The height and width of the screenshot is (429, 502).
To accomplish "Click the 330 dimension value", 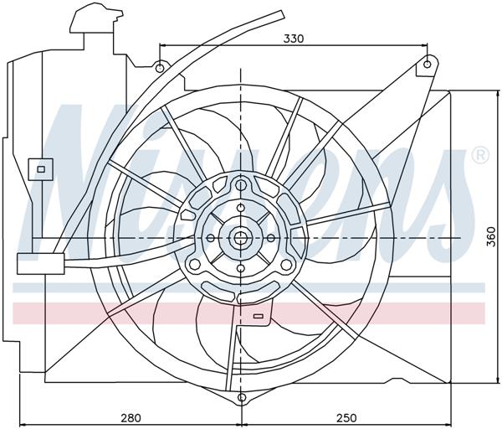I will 293,38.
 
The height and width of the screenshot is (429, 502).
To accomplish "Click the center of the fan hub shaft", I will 241,238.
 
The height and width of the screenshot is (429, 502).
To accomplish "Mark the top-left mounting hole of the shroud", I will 160,67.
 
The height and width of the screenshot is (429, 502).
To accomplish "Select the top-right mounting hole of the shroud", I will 427,63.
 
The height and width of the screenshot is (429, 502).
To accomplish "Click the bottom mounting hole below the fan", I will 241,397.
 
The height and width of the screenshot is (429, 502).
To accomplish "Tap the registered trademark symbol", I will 480,155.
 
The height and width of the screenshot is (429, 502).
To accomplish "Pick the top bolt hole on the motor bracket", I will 241,184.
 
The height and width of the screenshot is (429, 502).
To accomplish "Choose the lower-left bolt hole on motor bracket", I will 195,265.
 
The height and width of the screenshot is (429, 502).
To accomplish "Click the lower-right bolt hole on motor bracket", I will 286,265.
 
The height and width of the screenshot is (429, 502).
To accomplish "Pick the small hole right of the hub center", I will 269,238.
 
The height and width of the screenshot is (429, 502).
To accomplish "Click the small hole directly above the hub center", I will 241,209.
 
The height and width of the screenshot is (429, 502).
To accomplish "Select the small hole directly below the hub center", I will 241,268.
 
